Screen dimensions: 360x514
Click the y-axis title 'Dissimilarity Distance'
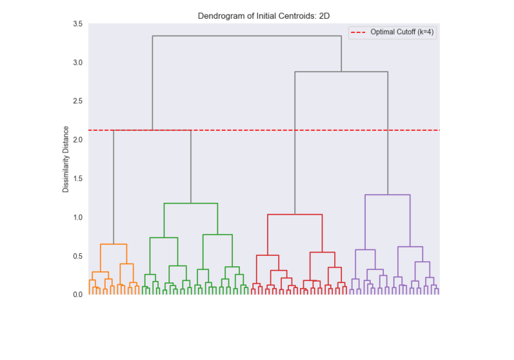pyautogui.click(x=66, y=159)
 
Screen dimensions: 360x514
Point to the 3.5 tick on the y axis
pyautogui.click(x=77, y=24)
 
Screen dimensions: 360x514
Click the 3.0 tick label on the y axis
pyautogui.click(x=77, y=63)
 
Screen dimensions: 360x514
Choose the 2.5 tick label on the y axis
pyautogui.click(x=77, y=101)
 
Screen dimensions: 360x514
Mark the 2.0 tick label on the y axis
pyautogui.click(x=77, y=140)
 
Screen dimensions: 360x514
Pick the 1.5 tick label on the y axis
pyautogui.click(x=77, y=179)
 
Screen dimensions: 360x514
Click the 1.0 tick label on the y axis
pyautogui.click(x=77, y=217)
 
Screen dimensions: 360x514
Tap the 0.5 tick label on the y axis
pyautogui.click(x=77, y=256)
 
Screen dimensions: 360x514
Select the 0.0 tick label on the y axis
pyautogui.click(x=77, y=294)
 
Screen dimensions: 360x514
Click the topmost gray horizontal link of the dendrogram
pyautogui.click(x=247, y=36)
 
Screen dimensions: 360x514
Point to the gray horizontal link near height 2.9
pyautogui.click(x=341, y=72)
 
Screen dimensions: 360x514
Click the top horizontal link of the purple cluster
pyautogui.click(x=387, y=195)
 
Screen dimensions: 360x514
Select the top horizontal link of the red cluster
pyautogui.click(x=295, y=215)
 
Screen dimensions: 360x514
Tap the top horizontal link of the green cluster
pyautogui.click(x=191, y=203)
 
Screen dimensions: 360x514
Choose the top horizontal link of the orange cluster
pyautogui.click(x=113, y=244)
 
